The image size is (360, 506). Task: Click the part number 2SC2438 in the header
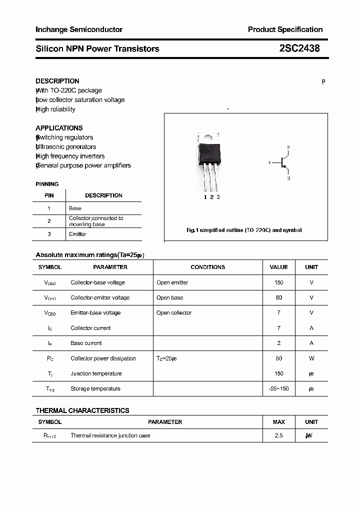(x=299, y=48)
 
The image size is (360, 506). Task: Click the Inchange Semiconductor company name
(x=79, y=29)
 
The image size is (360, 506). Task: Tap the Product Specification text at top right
(x=285, y=29)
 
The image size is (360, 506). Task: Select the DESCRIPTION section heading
(x=57, y=81)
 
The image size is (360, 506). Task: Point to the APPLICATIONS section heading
(x=59, y=128)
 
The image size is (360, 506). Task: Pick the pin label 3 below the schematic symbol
(x=289, y=178)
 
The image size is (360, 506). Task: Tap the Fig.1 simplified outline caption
(x=244, y=230)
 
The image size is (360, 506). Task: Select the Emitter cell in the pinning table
(x=77, y=234)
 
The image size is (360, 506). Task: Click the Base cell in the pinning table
(x=75, y=208)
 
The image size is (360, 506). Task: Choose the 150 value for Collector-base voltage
(x=278, y=282)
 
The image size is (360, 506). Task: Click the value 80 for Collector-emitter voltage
(x=278, y=297)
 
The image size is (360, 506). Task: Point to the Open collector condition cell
(x=174, y=313)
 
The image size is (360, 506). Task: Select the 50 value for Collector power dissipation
(x=278, y=358)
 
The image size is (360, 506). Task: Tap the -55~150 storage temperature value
(x=278, y=388)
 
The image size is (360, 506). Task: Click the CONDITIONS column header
(x=207, y=267)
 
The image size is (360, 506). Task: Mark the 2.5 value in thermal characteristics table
(x=278, y=435)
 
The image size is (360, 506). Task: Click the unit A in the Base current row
(x=311, y=343)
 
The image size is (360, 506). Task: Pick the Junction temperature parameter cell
(x=96, y=373)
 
